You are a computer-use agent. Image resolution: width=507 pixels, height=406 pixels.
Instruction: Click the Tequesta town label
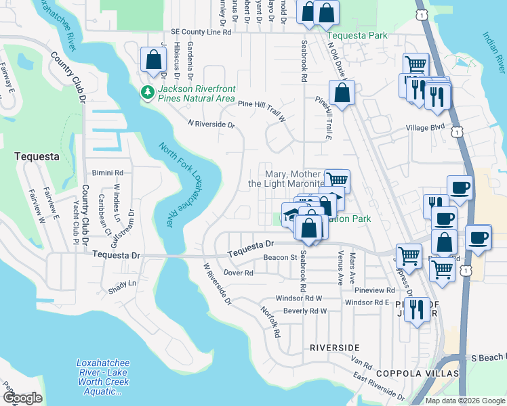(35, 156)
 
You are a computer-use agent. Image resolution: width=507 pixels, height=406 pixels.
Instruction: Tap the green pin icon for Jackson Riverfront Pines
(146, 92)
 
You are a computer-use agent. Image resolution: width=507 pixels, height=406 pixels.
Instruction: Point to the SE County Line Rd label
(201, 32)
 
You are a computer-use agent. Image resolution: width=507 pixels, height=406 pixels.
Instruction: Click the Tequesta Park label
(357, 35)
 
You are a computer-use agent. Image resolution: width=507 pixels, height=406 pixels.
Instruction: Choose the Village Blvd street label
(424, 127)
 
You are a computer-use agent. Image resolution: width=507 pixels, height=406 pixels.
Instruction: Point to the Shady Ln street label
(122, 283)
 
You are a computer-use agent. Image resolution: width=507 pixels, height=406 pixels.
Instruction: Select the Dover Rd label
(238, 273)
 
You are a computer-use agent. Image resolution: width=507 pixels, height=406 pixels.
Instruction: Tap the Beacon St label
(281, 258)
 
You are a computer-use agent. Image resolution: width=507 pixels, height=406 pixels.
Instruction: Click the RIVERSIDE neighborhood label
(334, 347)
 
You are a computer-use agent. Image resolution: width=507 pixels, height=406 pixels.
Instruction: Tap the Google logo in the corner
(22, 398)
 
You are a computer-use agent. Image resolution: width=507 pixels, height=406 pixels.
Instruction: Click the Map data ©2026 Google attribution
(465, 401)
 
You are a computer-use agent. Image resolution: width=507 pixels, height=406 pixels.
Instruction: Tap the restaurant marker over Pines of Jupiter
(417, 311)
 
